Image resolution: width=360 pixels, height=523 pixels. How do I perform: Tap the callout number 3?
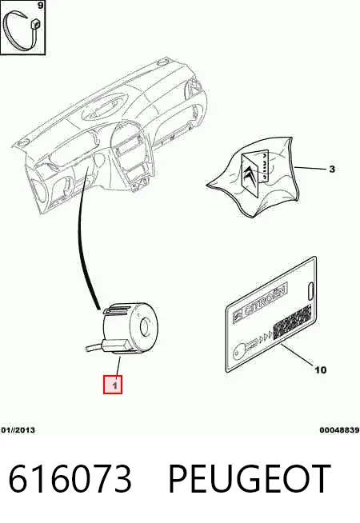click(x=332, y=169)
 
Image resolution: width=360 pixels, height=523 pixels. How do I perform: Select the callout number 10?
click(x=320, y=369)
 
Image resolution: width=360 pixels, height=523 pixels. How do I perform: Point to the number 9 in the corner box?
click(x=40, y=6)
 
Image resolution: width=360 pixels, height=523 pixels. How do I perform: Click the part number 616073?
click(x=70, y=479)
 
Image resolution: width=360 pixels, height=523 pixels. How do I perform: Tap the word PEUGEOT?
click(x=250, y=479)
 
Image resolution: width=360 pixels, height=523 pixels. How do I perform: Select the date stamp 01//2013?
click(x=18, y=430)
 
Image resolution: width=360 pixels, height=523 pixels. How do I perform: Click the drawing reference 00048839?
click(x=339, y=430)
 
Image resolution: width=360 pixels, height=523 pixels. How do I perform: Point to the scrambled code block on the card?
click(x=292, y=322)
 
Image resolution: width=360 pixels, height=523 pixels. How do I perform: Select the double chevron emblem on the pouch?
click(x=250, y=176)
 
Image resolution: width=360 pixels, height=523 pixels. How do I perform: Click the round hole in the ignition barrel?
click(x=145, y=327)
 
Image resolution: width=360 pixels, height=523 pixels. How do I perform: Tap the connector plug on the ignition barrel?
click(x=116, y=346)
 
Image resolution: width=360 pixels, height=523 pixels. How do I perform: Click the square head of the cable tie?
click(x=35, y=24)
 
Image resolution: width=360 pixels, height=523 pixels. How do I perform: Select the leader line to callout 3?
click(x=310, y=168)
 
